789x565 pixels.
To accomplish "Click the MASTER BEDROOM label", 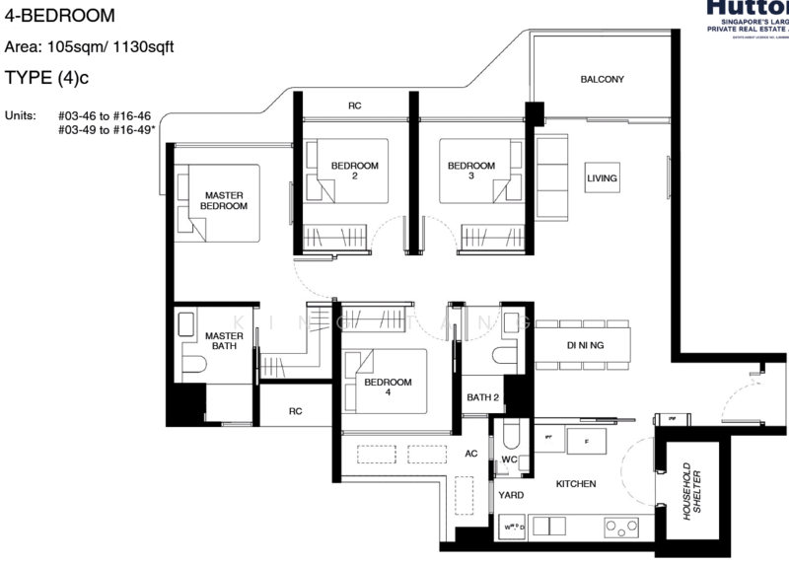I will click(224, 200).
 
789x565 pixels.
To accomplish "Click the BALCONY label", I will click(602, 79).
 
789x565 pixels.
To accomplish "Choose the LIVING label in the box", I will click(602, 178).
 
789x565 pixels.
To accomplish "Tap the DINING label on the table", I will click(585, 345).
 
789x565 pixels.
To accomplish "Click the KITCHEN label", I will click(576, 485).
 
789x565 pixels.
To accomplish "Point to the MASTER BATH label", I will click(224, 341).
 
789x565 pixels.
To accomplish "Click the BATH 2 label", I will click(482, 397).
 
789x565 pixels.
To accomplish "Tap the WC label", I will click(509, 459).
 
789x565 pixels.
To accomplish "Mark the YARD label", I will click(511, 495).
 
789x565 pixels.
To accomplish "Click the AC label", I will click(471, 454).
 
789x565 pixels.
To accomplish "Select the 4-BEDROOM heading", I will click(59, 16).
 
